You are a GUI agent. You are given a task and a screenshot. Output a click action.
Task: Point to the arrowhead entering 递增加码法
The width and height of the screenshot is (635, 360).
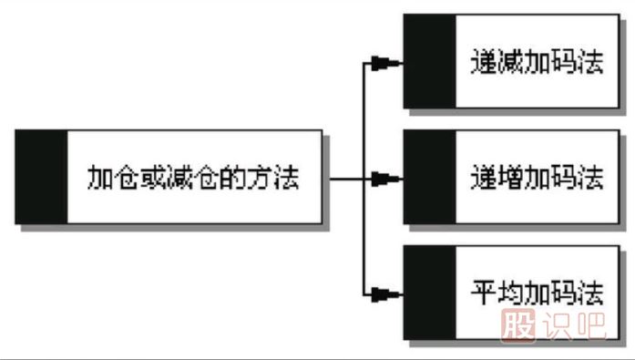point(386,178)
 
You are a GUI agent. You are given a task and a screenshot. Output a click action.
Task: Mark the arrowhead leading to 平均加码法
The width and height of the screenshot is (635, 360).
point(386,293)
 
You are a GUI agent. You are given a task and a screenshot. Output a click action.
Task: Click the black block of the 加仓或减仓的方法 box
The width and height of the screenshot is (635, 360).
point(41,177)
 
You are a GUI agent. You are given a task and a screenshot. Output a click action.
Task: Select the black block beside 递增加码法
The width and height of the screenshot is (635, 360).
point(428,177)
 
